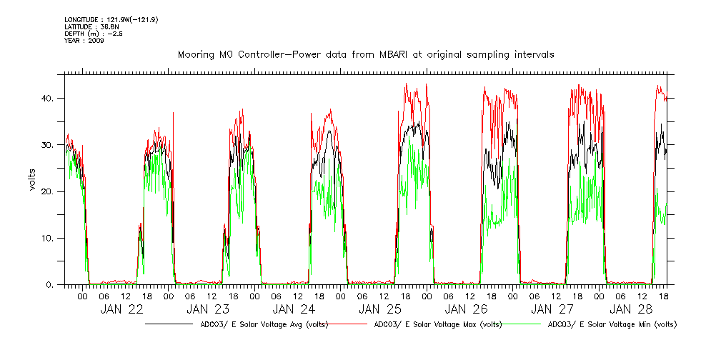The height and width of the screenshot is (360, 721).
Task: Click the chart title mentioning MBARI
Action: pos(366,54)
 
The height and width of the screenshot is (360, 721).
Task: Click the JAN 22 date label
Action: pos(122,309)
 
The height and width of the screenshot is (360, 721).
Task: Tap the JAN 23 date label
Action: pos(208,309)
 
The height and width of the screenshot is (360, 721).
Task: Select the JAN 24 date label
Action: pos(294,309)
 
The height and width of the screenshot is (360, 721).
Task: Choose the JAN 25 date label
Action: pos(380,309)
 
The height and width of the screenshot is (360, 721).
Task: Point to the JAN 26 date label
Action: pos(467,309)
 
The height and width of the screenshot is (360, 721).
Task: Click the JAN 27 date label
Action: pos(552,309)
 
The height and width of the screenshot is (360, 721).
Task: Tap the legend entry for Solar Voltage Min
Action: pos(612,324)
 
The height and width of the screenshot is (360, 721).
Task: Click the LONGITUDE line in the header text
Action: pos(111,19)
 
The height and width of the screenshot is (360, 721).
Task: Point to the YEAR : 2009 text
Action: pos(84,41)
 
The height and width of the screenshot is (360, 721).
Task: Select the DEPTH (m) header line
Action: pos(93,34)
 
